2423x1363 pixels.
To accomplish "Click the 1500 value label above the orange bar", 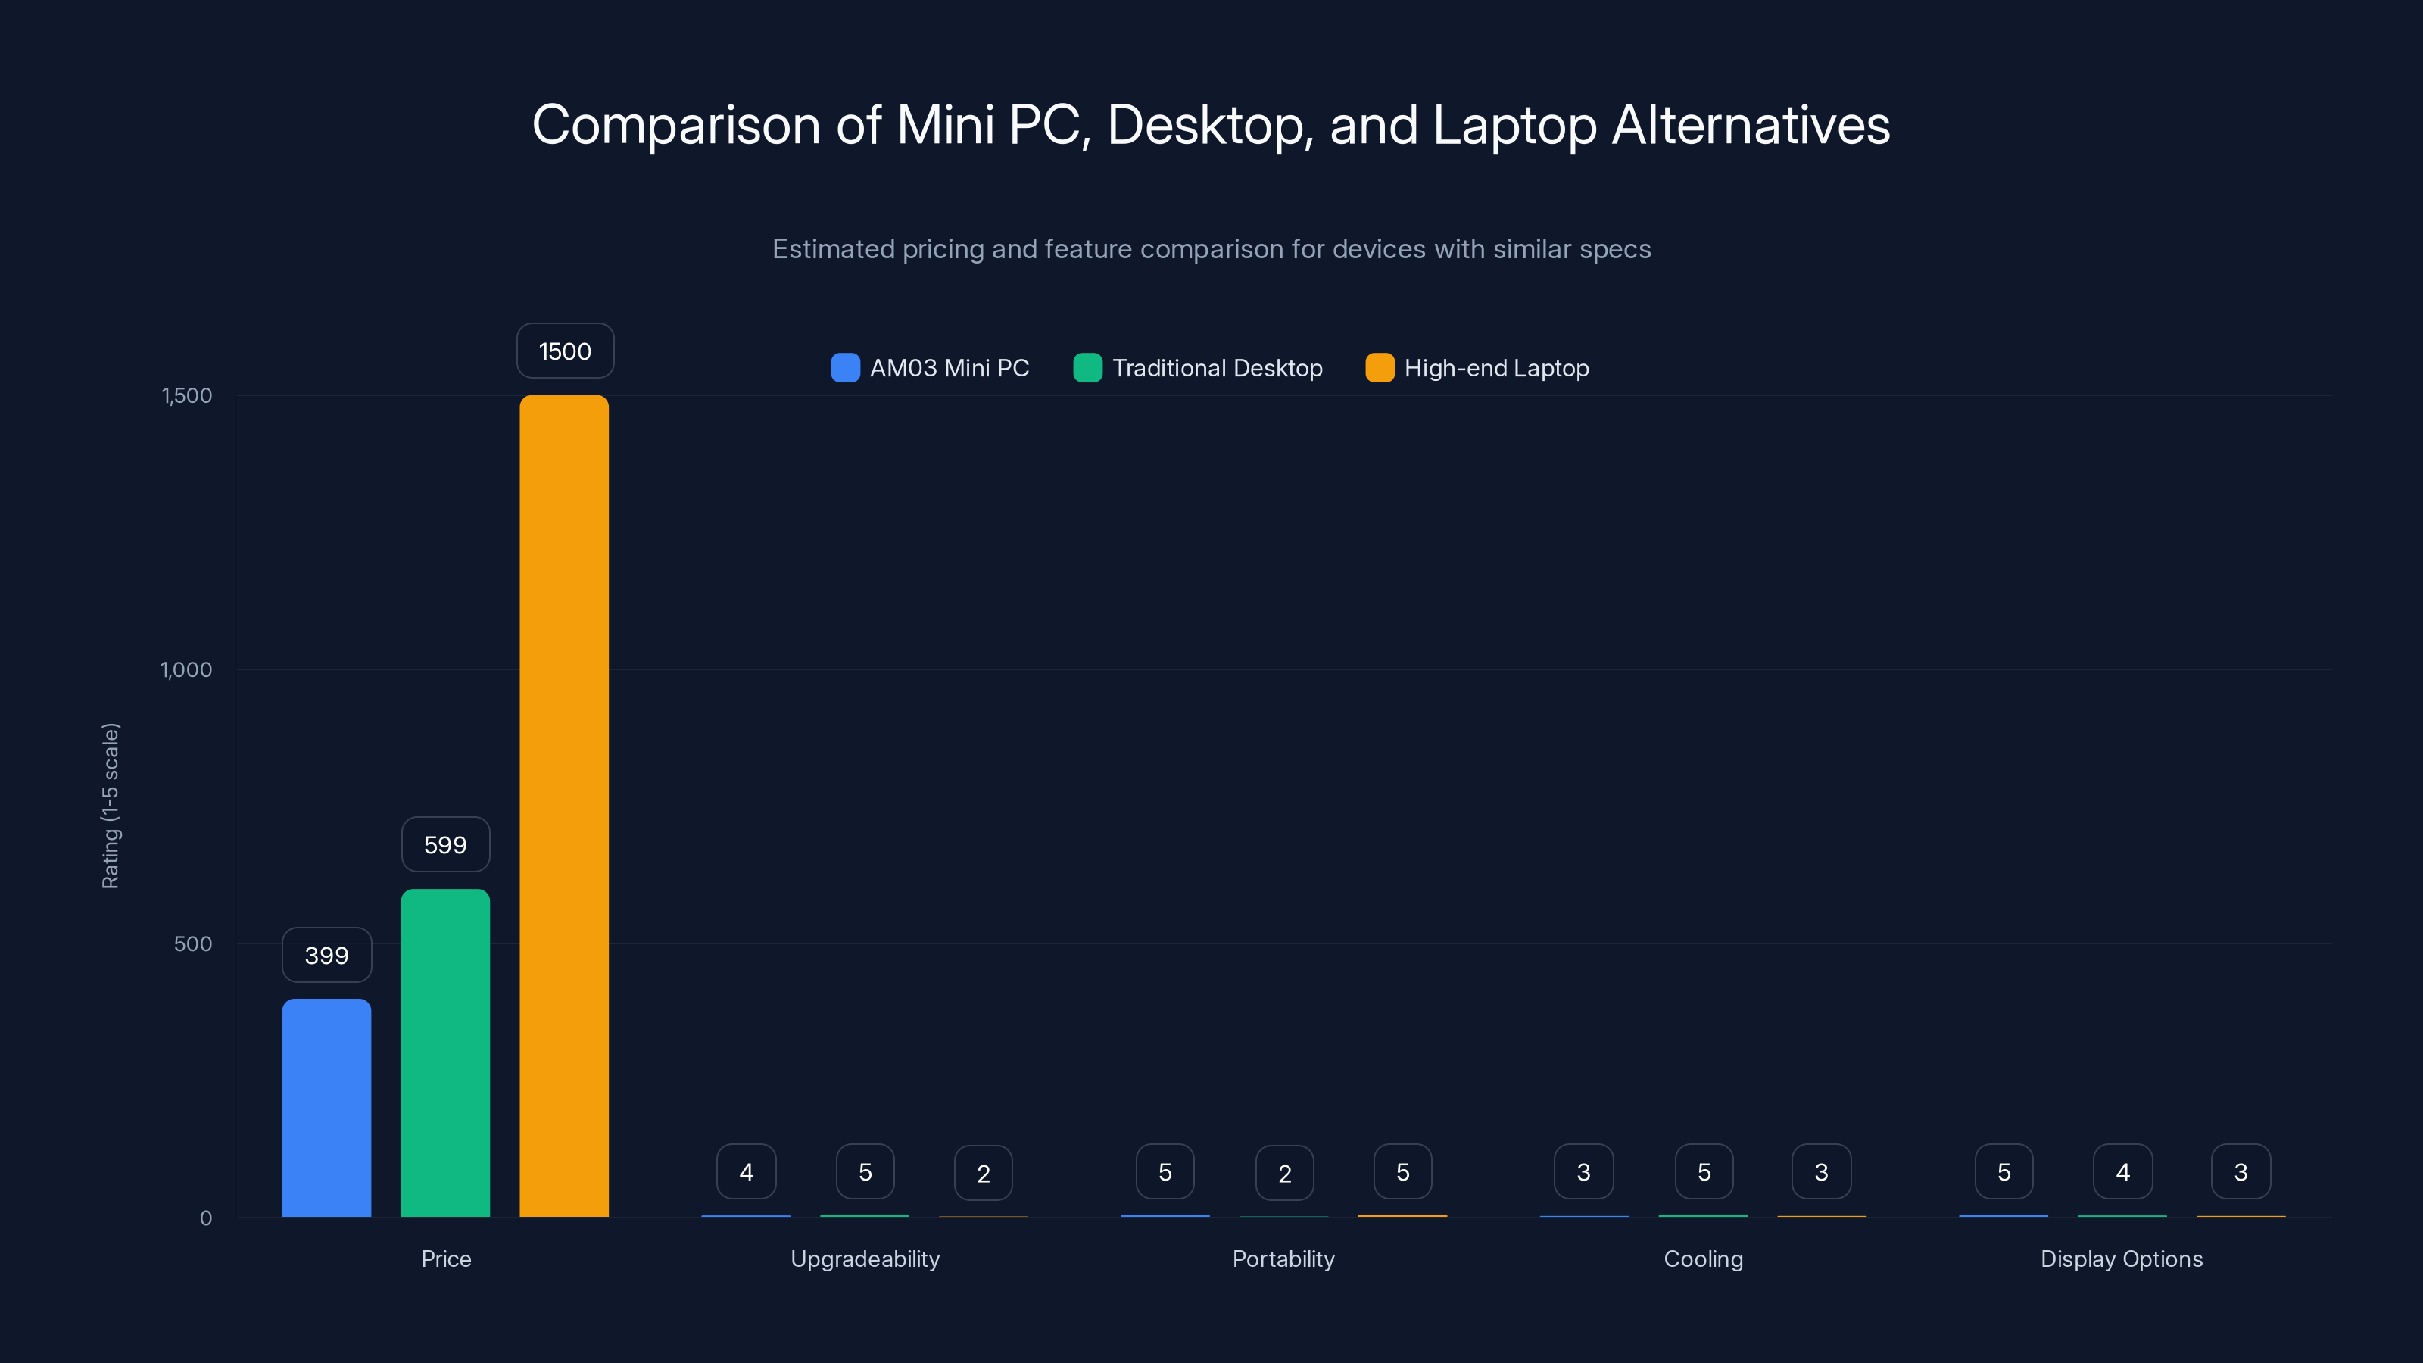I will pyautogui.click(x=564, y=351).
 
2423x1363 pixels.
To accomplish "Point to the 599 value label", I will pyautogui.click(x=445, y=845).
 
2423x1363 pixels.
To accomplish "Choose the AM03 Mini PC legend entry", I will pyautogui.click(x=931, y=368).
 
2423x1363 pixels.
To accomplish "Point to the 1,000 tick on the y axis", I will pyautogui.click(x=186, y=669).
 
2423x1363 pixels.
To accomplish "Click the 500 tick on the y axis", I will pyautogui.click(x=193, y=943).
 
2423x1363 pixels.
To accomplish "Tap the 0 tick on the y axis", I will pyautogui.click(x=206, y=1218).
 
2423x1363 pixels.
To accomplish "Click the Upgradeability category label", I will pyautogui.click(x=865, y=1259).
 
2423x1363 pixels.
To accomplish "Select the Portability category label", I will pyautogui.click(x=1283, y=1259).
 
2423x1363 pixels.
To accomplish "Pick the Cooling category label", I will pyautogui.click(x=1702, y=1259).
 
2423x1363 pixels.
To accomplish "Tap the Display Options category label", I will pyautogui.click(x=2121, y=1259).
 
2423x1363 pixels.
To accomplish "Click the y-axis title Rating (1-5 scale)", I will pyautogui.click(x=110, y=805).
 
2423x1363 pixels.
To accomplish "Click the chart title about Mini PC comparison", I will pyautogui.click(x=1211, y=124).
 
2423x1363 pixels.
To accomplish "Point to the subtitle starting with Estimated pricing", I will pyautogui.click(x=1211, y=248).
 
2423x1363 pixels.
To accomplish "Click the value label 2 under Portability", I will pyautogui.click(x=1284, y=1173).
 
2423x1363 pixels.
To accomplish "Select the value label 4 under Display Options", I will pyautogui.click(x=2122, y=1172).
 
